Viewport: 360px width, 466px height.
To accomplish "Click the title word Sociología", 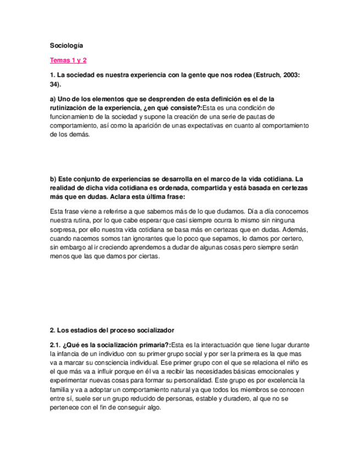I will pyautogui.click(x=66, y=46).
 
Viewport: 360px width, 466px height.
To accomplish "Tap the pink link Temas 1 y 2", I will pyautogui.click(x=68, y=60).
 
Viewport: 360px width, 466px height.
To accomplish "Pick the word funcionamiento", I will pyautogui.click(x=74, y=116).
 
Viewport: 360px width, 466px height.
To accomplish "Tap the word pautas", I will pyautogui.click(x=261, y=116).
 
